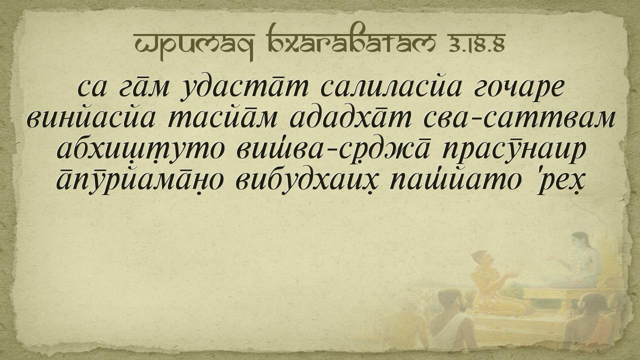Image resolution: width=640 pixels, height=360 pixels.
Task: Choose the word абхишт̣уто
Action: (139, 151)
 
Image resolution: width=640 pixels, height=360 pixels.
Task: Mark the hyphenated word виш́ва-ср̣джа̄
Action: (332, 150)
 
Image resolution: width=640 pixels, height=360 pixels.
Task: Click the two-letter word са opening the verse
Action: (92, 89)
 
